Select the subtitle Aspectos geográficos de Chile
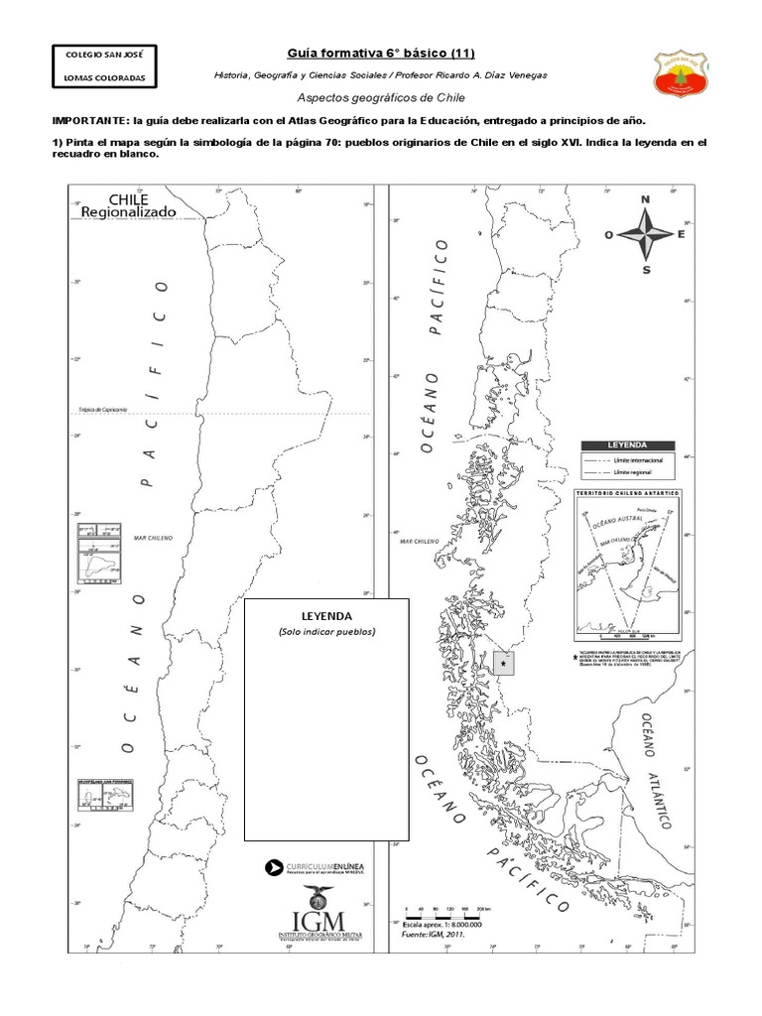pos(381,99)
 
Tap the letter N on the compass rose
pos(646,199)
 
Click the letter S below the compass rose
pos(646,269)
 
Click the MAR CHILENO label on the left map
pos(155,537)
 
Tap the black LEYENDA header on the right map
pos(627,445)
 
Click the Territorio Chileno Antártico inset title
pos(627,493)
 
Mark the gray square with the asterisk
pos(504,662)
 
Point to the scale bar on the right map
pos(443,911)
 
